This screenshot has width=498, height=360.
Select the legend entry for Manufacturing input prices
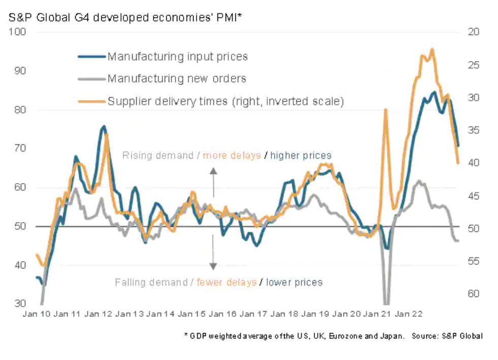click(x=177, y=56)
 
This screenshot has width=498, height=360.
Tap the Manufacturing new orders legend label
click(x=177, y=79)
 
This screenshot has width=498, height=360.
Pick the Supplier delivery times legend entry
click(x=226, y=101)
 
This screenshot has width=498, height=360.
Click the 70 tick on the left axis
click(x=19, y=148)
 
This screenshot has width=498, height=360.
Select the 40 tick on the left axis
click(x=19, y=265)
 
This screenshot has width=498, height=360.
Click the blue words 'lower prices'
click(x=294, y=282)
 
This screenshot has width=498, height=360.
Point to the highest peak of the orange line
click(x=431, y=49)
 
